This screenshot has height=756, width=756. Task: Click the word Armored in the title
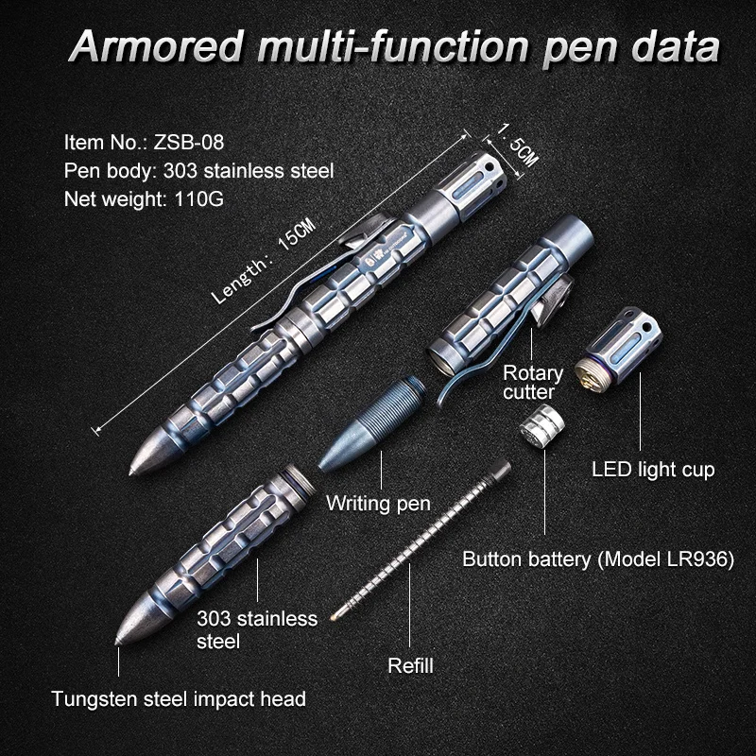pyautogui.click(x=155, y=47)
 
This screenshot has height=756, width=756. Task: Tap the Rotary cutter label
pyautogui.click(x=533, y=382)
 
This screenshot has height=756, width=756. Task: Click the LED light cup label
pyautogui.click(x=653, y=469)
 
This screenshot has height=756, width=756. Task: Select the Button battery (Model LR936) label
pyautogui.click(x=598, y=559)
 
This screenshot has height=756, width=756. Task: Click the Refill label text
pyautogui.click(x=410, y=665)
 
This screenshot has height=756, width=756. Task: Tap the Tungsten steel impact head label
pyautogui.click(x=179, y=699)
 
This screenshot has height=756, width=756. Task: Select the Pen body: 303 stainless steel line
pyautogui.click(x=199, y=171)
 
